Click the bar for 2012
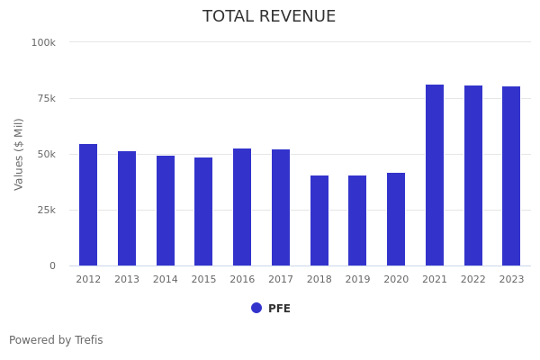point(88,205)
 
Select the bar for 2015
point(203,211)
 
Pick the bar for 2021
point(435,175)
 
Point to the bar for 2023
point(511,176)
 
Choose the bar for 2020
point(396,220)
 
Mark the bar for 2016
point(242,207)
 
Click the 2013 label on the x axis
point(127,280)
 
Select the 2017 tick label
point(281,280)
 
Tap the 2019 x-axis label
point(357,280)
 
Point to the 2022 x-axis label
point(473,280)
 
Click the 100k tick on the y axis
point(43,42)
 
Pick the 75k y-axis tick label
point(45,98)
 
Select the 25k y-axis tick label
point(45,210)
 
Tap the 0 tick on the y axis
point(52,265)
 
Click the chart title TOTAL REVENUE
point(269,17)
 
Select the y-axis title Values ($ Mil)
point(19,154)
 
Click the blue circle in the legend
point(256,308)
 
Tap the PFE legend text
point(279,309)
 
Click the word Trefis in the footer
point(88,340)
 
